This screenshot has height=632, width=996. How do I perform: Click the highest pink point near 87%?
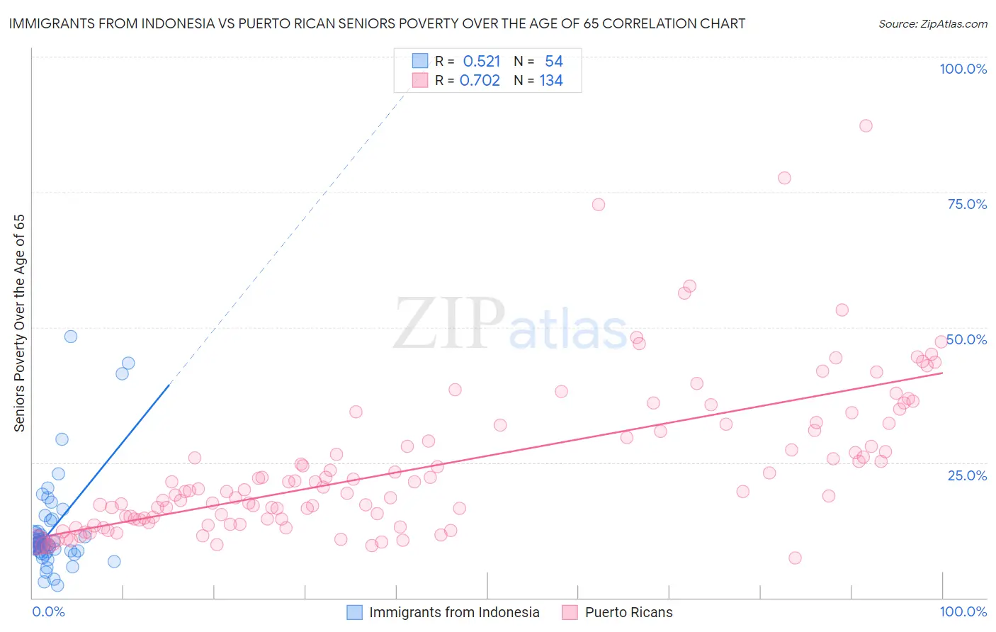(x=865, y=126)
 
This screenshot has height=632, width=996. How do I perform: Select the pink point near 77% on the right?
(x=783, y=178)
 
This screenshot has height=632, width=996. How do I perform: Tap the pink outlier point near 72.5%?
(x=598, y=205)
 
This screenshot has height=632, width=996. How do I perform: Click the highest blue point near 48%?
(x=71, y=337)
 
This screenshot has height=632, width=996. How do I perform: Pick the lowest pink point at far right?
(x=795, y=558)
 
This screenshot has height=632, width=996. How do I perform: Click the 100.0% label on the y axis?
(x=963, y=69)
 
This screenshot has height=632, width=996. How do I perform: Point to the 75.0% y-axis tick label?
(x=967, y=204)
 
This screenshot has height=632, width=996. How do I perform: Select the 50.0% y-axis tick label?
(x=967, y=339)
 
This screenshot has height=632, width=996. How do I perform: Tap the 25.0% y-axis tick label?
(x=967, y=475)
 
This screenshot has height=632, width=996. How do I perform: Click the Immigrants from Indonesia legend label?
(x=454, y=613)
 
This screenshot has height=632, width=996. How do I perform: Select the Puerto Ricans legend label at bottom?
(x=628, y=613)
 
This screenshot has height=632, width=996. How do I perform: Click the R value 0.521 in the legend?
(x=482, y=62)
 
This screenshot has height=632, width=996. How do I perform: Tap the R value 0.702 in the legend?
(x=480, y=81)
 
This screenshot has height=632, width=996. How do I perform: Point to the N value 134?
(x=551, y=81)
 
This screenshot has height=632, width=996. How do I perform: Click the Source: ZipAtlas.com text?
(x=932, y=24)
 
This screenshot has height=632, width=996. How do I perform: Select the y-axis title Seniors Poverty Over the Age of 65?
(x=20, y=323)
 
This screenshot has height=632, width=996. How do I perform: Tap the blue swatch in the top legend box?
(x=420, y=62)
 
